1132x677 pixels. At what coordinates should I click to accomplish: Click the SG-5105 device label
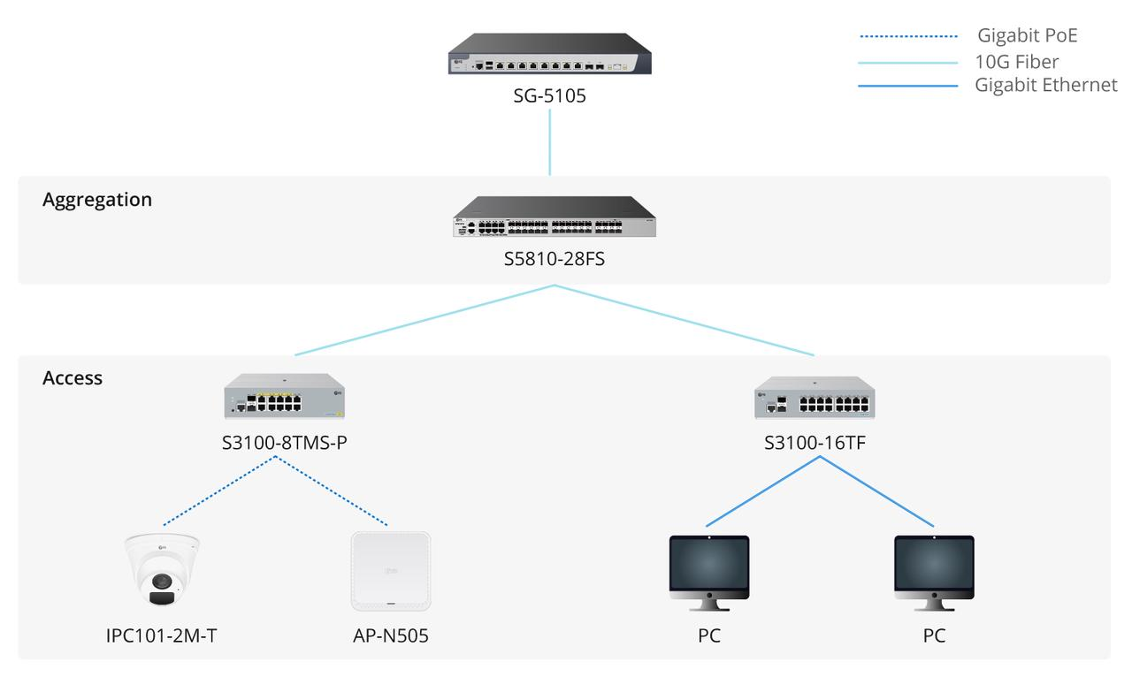549,95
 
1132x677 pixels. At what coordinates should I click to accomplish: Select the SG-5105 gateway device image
549,55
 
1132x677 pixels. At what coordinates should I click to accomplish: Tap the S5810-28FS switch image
555,220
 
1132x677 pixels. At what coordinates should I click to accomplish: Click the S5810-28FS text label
555,261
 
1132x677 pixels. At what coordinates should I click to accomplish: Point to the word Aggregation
97,200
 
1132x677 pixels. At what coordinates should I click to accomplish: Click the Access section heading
73,378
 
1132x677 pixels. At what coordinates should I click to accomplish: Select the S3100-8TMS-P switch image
284,395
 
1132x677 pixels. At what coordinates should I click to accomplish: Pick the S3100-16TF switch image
815,397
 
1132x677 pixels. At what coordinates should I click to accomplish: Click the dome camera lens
161,582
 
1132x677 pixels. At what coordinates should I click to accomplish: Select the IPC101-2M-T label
162,635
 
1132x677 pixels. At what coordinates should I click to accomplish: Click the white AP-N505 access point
390,571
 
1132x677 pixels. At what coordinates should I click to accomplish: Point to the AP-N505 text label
390,635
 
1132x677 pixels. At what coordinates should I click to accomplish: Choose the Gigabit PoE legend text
1027,36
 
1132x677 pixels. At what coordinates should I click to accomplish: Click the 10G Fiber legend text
1017,62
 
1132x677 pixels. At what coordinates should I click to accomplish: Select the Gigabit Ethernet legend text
1046,85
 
